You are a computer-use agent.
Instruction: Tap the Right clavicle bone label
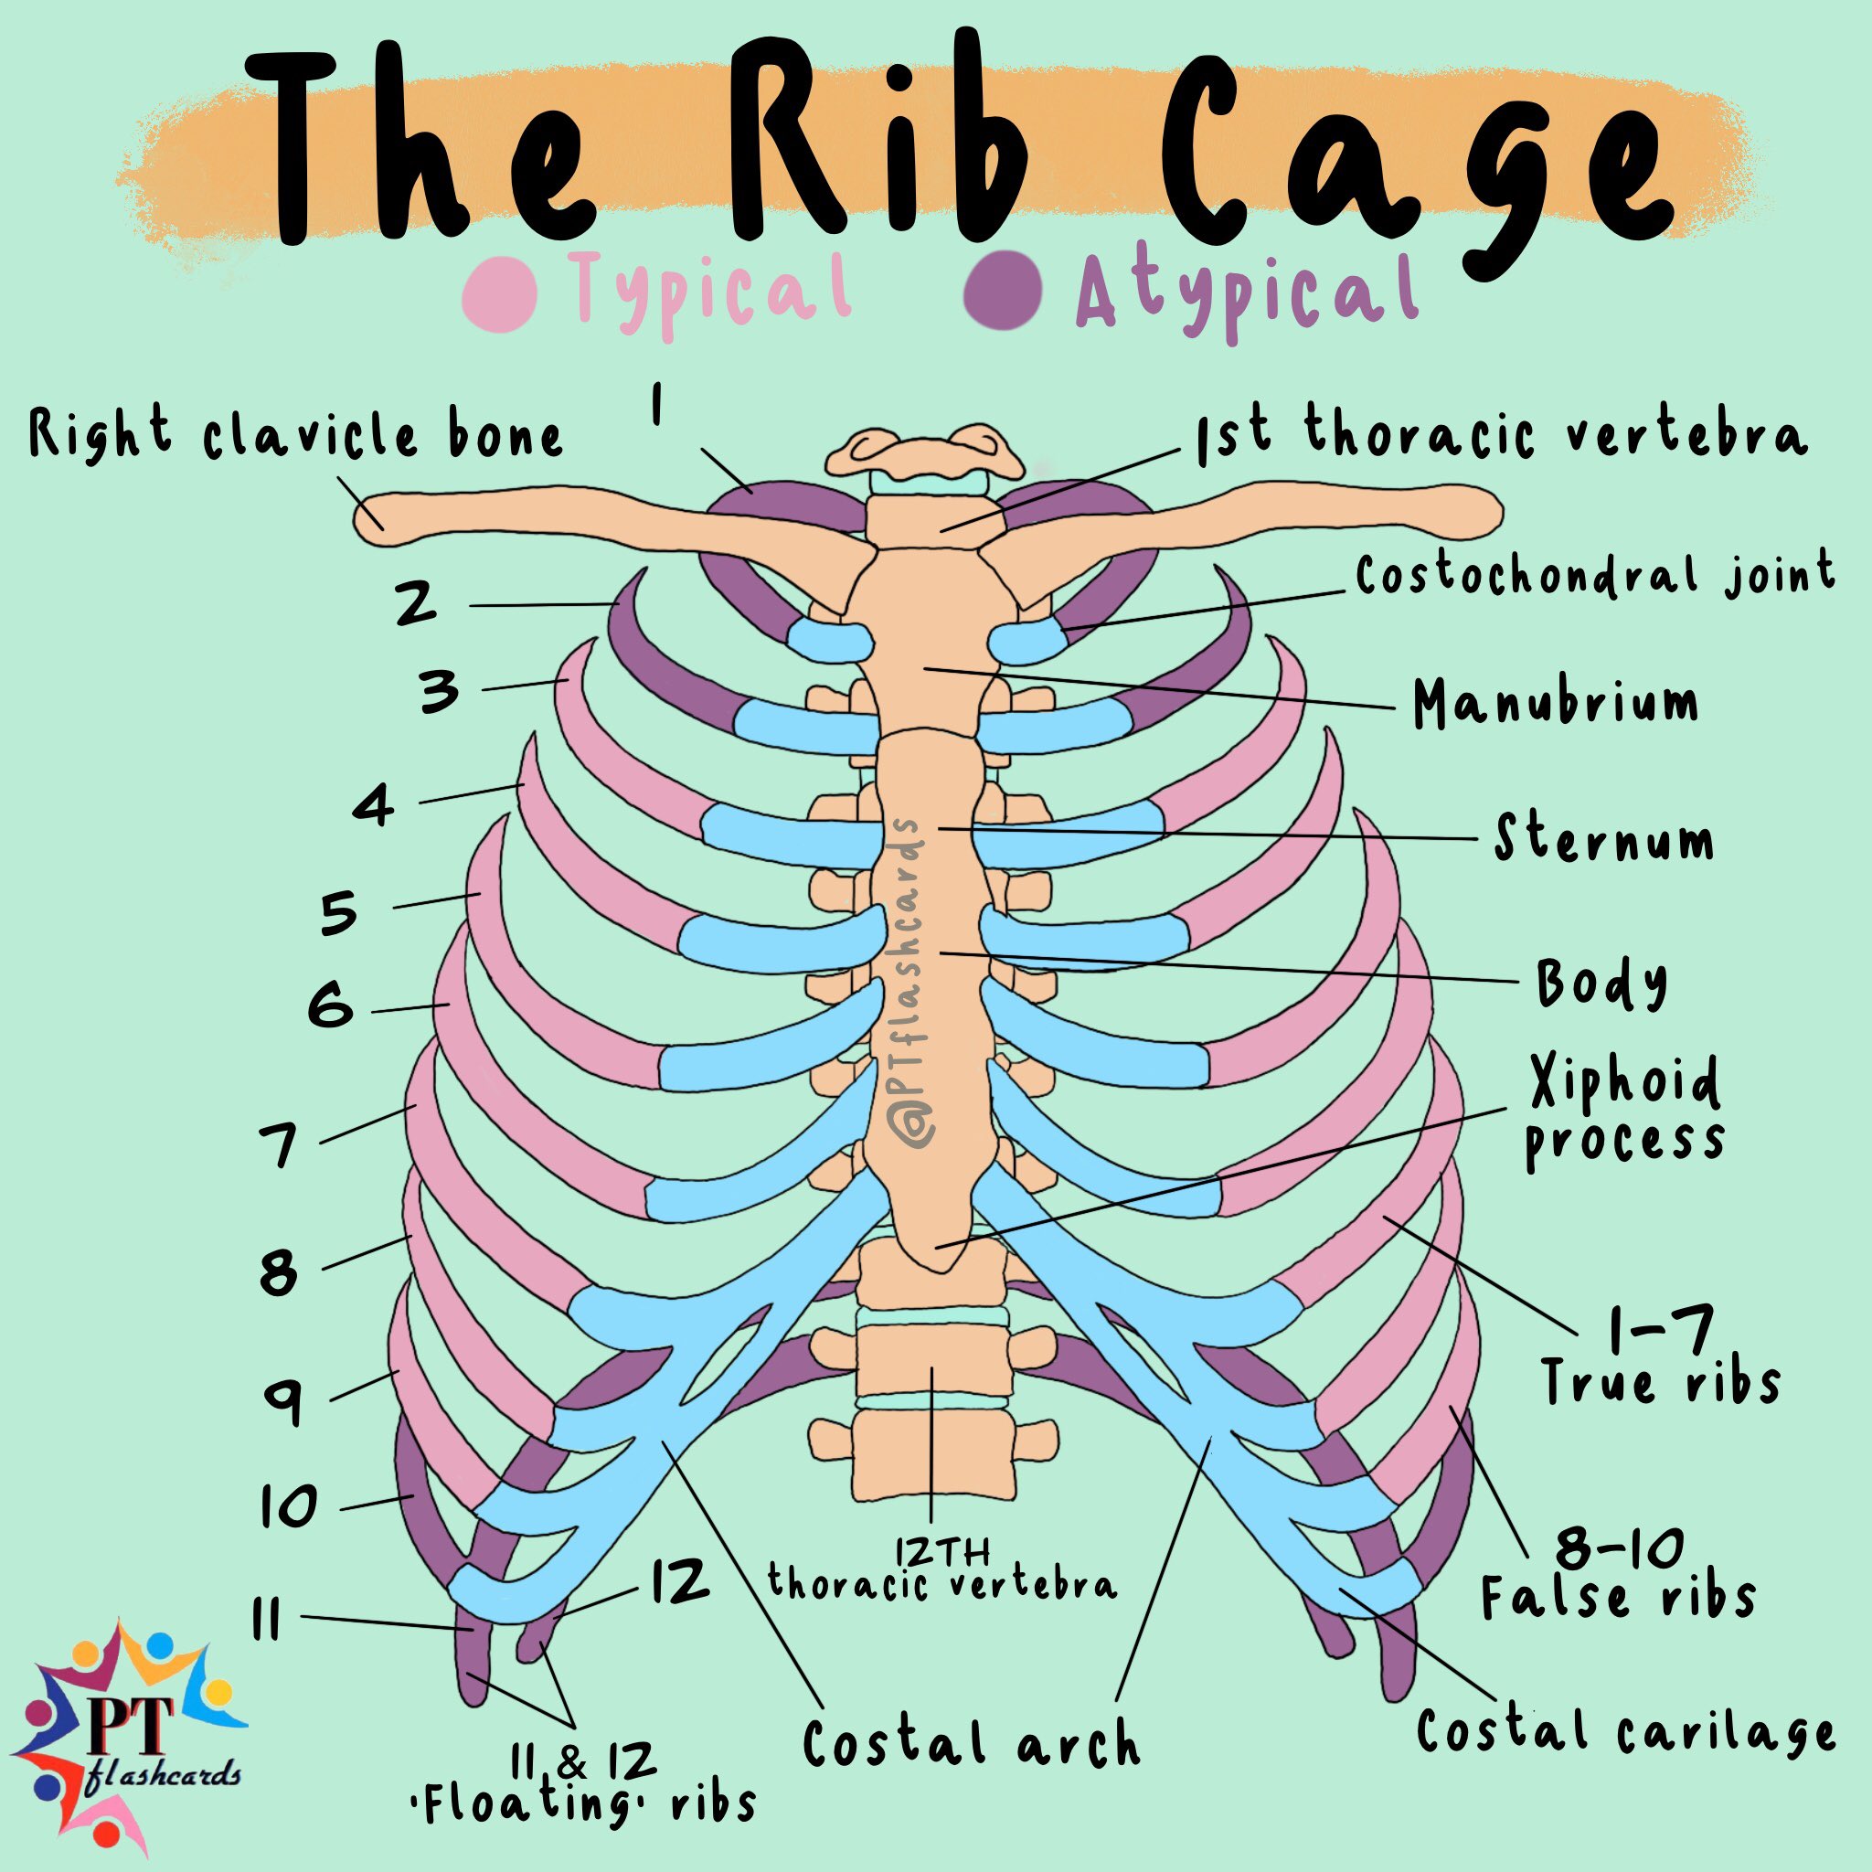pos(295,435)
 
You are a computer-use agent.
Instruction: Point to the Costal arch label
pos(971,1743)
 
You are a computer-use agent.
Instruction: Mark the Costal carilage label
pos(1625,1731)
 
